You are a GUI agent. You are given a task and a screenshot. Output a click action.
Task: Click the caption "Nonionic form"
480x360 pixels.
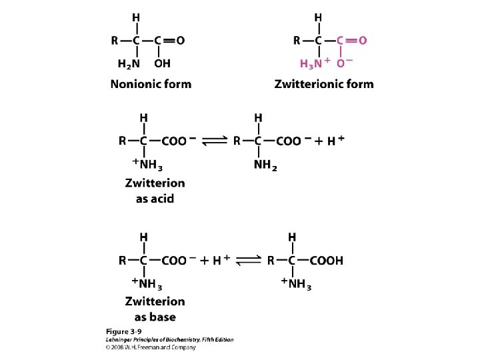(x=151, y=84)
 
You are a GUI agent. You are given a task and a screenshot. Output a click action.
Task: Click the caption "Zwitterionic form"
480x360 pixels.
(x=324, y=84)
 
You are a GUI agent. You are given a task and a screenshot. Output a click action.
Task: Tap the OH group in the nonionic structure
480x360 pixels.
(x=162, y=63)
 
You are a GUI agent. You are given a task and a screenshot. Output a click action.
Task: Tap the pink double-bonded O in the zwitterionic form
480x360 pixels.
(x=362, y=40)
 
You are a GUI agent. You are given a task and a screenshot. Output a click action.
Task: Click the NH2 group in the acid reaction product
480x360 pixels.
(x=265, y=165)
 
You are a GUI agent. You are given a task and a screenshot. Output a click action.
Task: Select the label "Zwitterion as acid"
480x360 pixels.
(x=155, y=190)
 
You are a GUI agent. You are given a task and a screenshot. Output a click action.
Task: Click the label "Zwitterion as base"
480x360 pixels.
(x=155, y=309)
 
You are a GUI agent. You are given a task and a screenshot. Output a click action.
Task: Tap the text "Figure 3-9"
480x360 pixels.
(x=123, y=331)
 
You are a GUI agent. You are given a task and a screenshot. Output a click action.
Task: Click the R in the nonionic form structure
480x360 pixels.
(x=115, y=40)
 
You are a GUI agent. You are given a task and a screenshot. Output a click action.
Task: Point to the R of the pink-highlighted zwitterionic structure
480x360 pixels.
(x=297, y=40)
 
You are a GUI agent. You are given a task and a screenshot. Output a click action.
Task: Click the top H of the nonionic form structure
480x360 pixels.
(x=136, y=16)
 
